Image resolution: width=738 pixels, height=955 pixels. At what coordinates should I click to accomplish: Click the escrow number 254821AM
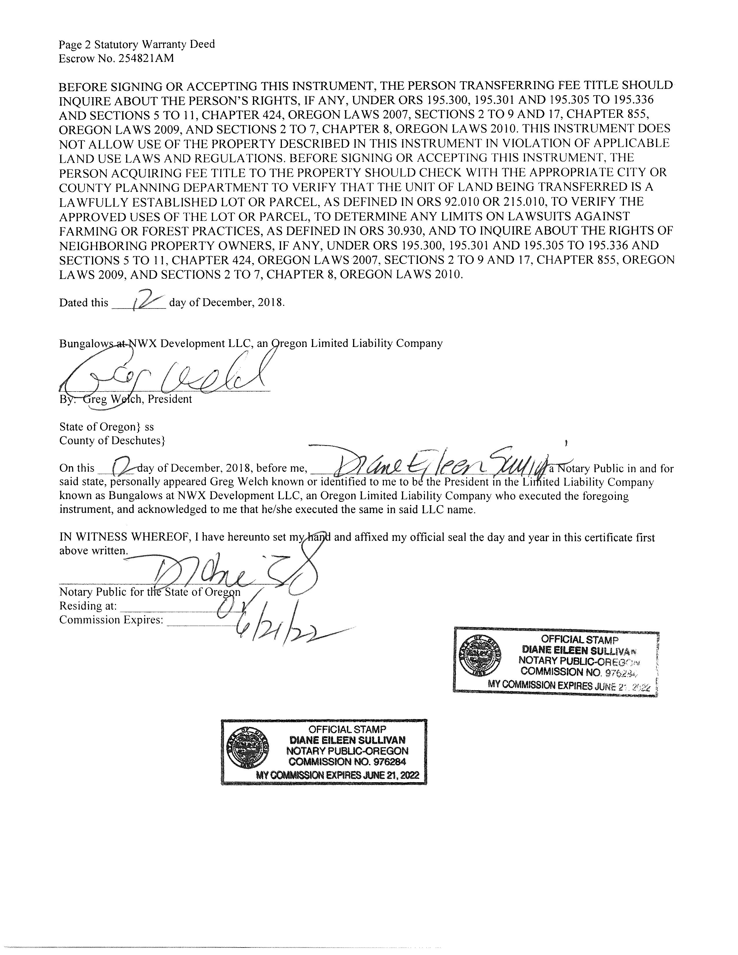(146, 58)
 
